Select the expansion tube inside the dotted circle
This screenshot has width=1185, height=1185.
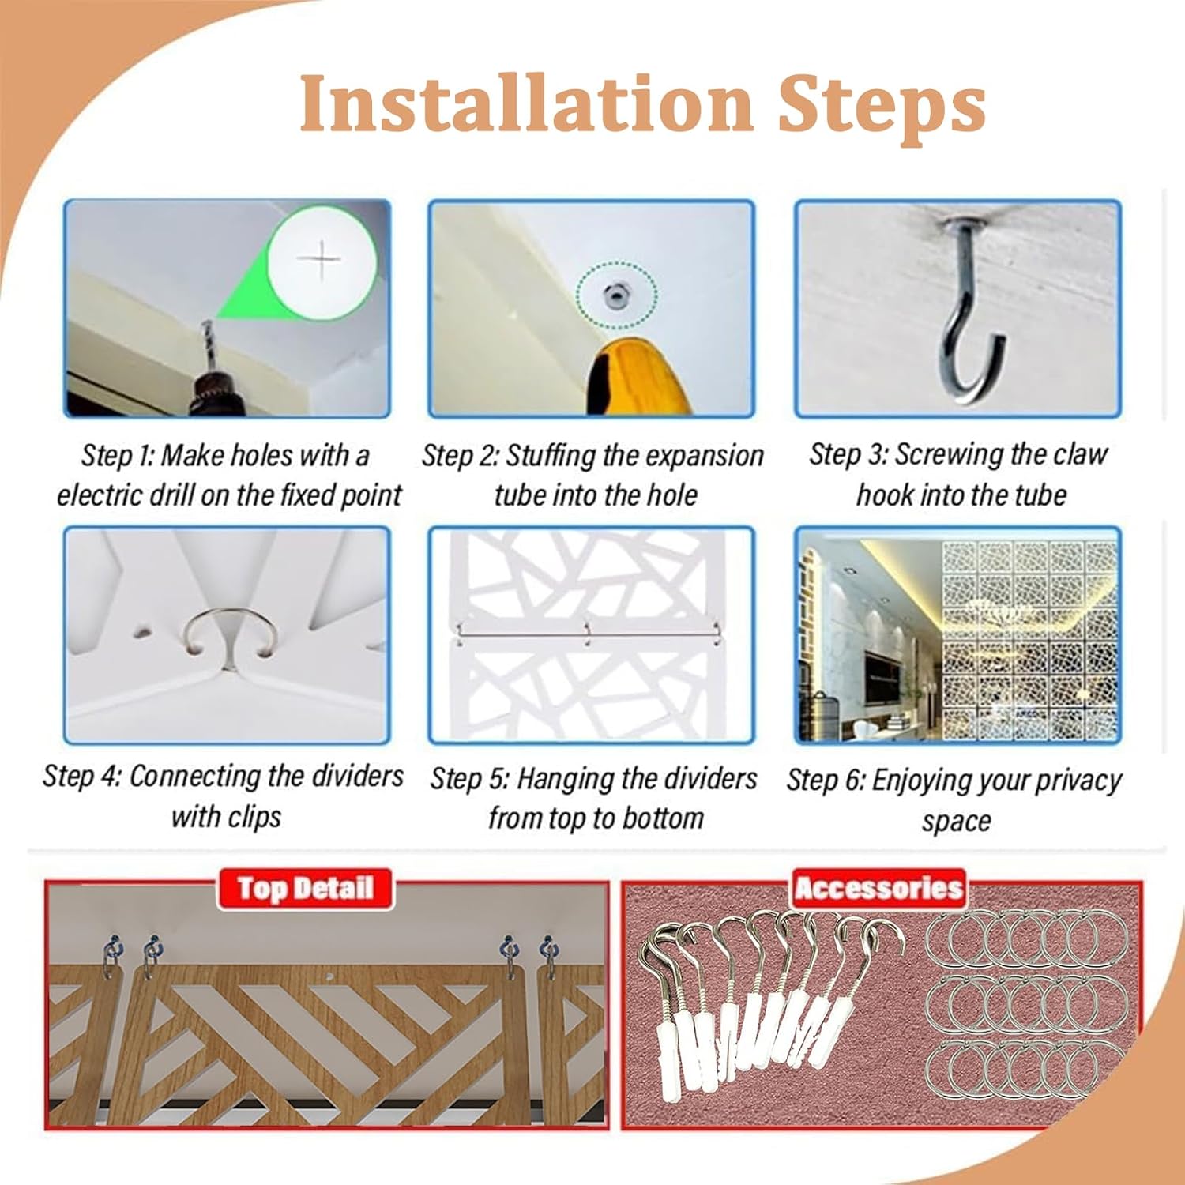(614, 296)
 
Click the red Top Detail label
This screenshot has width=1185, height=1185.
(305, 889)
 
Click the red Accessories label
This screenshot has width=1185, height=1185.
(878, 889)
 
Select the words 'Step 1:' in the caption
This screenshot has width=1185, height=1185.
(118, 457)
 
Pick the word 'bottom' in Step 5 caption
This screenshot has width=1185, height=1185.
(663, 818)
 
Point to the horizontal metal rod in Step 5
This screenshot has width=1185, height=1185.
(589, 631)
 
